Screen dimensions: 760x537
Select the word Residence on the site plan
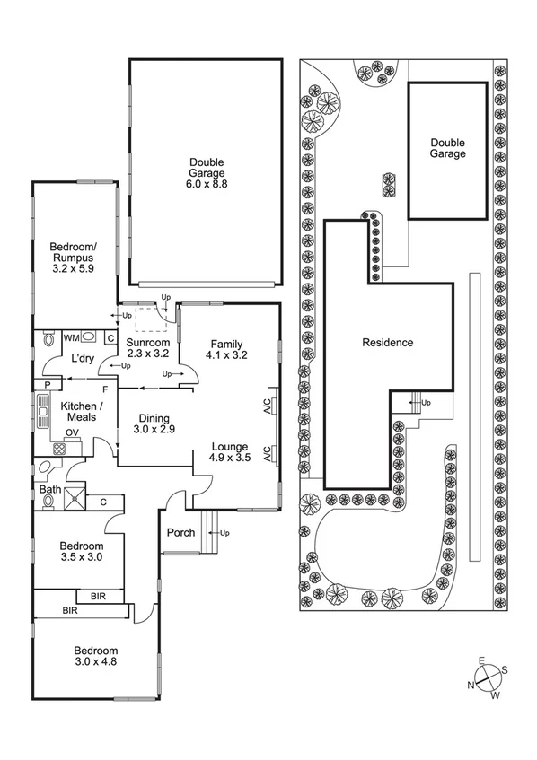(x=388, y=342)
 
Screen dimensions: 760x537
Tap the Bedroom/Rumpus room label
(x=73, y=259)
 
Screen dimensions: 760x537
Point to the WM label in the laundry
(x=70, y=338)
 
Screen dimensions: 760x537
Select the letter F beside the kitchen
(x=105, y=389)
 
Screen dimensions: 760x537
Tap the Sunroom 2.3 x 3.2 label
(x=146, y=348)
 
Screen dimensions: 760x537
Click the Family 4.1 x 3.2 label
(x=228, y=349)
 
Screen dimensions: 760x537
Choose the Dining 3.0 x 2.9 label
(x=155, y=424)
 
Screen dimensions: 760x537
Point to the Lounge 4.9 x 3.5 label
(x=230, y=452)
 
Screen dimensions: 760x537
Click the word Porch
(x=181, y=533)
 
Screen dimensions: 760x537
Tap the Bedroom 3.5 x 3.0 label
(x=81, y=552)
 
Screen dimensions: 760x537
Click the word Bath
(x=48, y=489)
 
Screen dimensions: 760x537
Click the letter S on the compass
(x=505, y=669)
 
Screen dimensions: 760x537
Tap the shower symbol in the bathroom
(x=74, y=496)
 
